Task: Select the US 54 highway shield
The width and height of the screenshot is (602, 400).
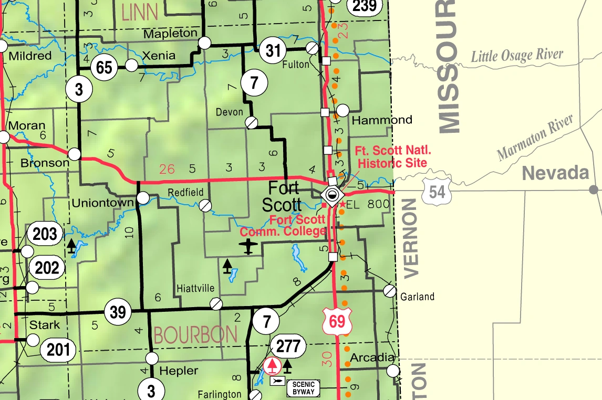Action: click(x=437, y=192)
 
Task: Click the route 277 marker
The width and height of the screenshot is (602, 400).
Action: click(x=288, y=346)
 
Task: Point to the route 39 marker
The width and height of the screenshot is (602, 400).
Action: click(x=118, y=312)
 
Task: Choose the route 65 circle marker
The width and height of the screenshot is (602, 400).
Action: click(x=104, y=67)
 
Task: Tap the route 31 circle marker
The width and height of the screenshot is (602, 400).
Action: click(x=272, y=51)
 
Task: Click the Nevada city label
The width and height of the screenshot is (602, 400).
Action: click(x=555, y=173)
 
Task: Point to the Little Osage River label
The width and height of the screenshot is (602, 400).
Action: click(x=517, y=56)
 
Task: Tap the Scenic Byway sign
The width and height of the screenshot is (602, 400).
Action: click(x=303, y=388)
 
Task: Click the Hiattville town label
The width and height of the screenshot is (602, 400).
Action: click(x=195, y=288)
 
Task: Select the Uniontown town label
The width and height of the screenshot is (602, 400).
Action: click(x=103, y=202)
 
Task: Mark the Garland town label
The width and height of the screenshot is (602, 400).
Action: click(x=417, y=297)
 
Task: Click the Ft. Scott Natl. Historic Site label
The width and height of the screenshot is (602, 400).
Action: click(x=393, y=156)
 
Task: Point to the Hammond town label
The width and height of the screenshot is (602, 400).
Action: click(x=382, y=120)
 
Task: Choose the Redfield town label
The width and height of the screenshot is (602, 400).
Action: click(x=185, y=193)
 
